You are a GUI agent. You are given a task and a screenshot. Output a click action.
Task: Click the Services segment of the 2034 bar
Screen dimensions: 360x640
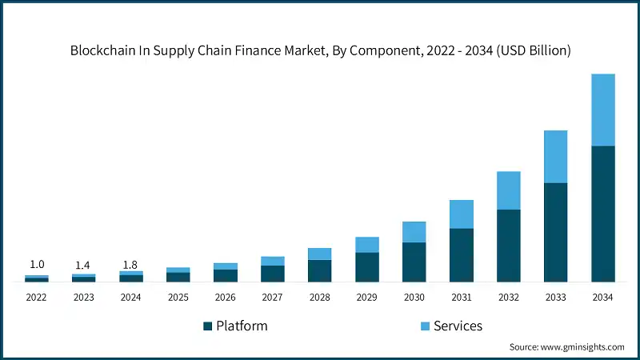(602, 110)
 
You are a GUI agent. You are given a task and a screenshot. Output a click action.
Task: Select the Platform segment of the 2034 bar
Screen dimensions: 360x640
(602, 214)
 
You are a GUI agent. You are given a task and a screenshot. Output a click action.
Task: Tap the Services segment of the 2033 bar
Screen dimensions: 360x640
(555, 157)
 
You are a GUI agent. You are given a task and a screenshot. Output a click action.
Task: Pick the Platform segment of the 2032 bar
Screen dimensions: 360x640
(508, 246)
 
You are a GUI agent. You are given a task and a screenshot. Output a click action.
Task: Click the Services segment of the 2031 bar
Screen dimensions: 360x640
(461, 214)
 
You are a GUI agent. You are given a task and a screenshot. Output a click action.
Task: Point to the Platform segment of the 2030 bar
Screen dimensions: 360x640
(414, 262)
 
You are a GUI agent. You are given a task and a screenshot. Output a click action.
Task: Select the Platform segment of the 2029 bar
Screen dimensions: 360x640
(366, 267)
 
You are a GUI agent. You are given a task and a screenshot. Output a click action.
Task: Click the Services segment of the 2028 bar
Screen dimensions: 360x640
(319, 254)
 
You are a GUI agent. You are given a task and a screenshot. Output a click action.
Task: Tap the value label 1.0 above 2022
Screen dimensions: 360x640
(37, 265)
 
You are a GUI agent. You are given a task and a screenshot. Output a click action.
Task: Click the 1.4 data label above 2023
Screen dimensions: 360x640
(84, 265)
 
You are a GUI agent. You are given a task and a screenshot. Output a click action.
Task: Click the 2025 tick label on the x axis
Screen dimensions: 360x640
(178, 297)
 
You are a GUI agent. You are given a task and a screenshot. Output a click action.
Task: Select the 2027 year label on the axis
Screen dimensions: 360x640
(273, 297)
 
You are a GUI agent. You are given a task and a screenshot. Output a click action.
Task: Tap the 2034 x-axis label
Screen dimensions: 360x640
(602, 297)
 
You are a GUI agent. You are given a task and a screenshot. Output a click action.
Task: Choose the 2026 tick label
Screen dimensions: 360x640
(226, 297)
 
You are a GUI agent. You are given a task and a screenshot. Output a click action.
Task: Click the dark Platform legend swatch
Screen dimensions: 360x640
(208, 326)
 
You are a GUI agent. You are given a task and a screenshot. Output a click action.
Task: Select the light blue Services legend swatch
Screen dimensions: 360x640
(425, 326)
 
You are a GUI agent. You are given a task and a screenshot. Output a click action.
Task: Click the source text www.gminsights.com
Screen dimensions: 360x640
(584, 347)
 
